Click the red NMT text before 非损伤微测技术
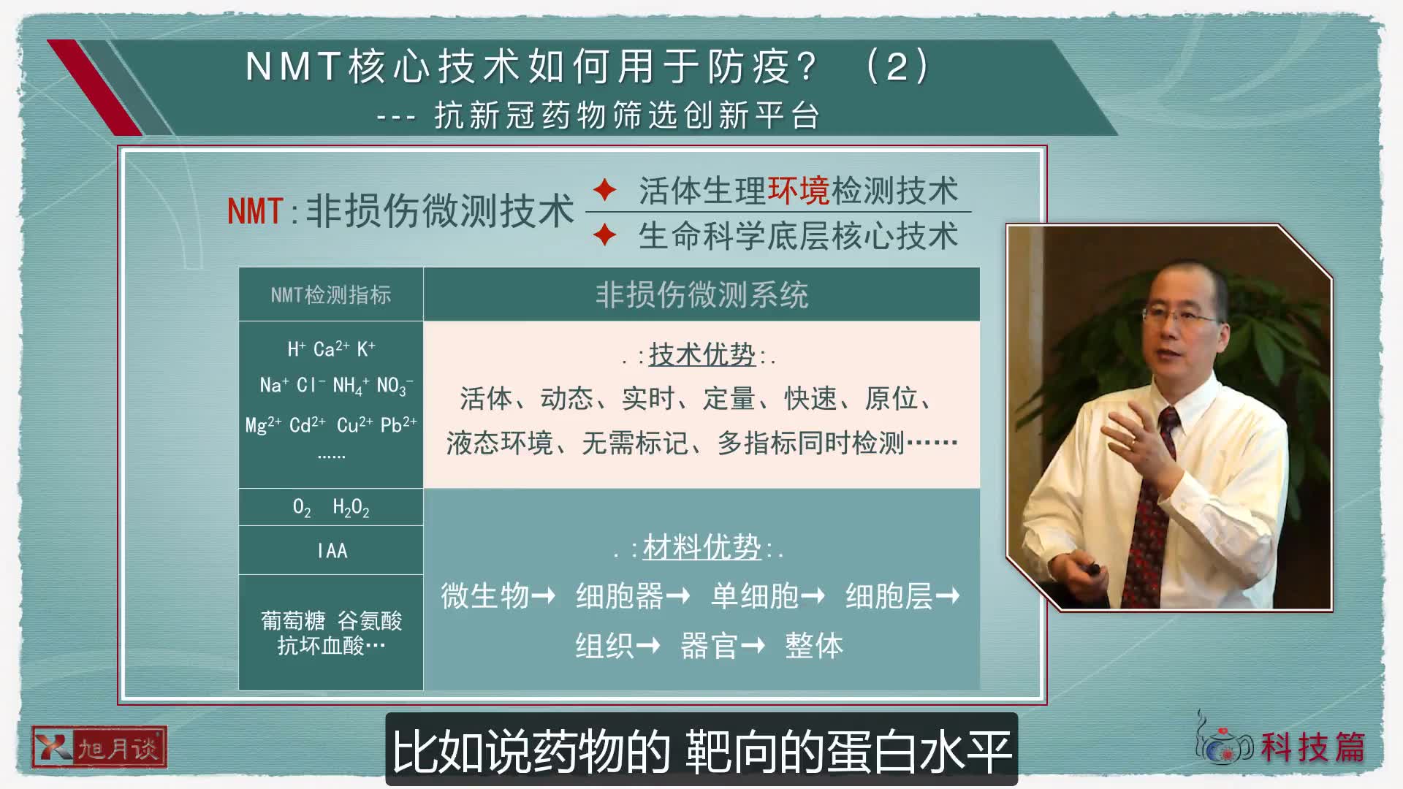255,212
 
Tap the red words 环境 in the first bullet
798,191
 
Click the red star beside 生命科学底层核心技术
604,235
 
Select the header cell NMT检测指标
330,295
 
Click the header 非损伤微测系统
701,295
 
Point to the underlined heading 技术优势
701,355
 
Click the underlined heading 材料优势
701,547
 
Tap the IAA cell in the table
332,551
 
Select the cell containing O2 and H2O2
330,507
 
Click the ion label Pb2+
398,425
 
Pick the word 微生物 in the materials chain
484,596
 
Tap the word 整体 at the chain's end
813,646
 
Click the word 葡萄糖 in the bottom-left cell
292,621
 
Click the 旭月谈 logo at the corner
99,747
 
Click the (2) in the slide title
897,66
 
